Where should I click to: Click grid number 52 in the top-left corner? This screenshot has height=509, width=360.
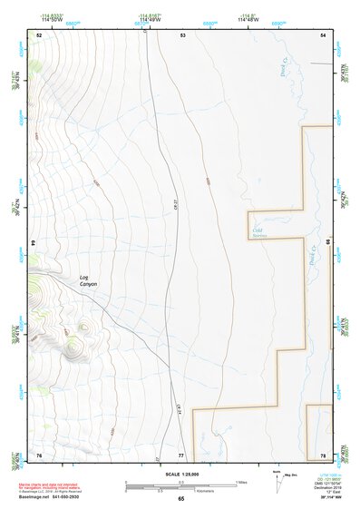pyautogui.click(x=39, y=34)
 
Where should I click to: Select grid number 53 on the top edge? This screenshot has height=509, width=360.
pyautogui.click(x=181, y=34)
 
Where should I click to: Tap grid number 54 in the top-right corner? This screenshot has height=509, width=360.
pyautogui.click(x=324, y=34)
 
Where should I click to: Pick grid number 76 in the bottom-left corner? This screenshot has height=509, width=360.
pyautogui.click(x=39, y=454)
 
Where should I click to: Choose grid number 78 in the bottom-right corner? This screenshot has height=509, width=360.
pyautogui.click(x=323, y=454)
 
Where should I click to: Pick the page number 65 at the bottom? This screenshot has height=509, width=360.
pyautogui.click(x=180, y=499)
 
